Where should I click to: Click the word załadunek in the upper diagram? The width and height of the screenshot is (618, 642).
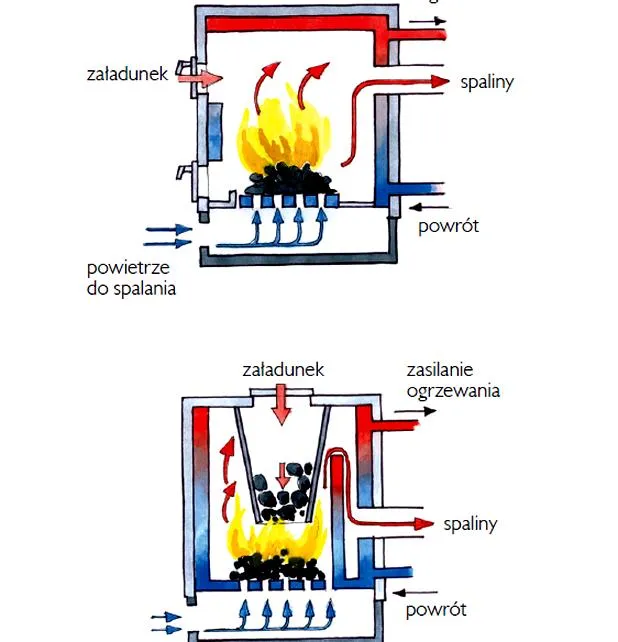(127, 75)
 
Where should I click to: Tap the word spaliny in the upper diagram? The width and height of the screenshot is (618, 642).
(487, 82)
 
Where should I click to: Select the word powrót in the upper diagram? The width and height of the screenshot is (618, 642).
(448, 226)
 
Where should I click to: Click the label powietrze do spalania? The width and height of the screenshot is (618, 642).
(131, 278)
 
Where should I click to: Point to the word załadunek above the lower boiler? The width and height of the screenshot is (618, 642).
(283, 370)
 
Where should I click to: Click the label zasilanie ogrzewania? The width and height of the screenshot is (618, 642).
(453, 380)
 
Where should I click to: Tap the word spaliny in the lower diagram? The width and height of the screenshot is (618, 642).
(470, 524)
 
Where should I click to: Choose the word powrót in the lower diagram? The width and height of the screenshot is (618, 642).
(436, 610)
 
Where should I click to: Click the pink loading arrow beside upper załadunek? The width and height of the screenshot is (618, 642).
(201, 78)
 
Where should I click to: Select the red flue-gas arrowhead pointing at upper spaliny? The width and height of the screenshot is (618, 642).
(440, 81)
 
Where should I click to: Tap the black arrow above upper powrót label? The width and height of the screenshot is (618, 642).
(428, 208)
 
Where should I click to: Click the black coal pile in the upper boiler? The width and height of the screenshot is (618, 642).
(290, 179)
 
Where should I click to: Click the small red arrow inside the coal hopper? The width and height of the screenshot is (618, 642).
(282, 475)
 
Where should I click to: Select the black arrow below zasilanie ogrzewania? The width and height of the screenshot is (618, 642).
(415, 411)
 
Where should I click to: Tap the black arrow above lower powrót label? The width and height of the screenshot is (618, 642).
(415, 592)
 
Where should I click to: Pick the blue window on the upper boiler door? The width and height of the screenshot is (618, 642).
(215, 132)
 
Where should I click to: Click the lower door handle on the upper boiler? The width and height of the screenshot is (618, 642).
(184, 171)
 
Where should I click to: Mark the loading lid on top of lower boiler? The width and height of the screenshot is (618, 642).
(282, 393)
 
